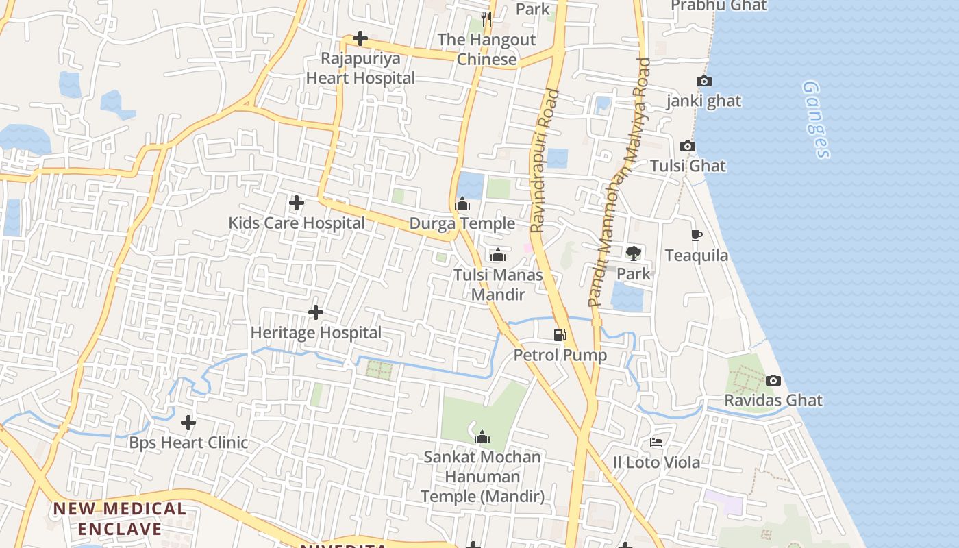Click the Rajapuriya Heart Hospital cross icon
tap(360, 39)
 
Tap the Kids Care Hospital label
tap(296, 223)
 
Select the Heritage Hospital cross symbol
tap(316, 312)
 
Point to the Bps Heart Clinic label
tap(188, 443)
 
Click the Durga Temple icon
tap(462, 203)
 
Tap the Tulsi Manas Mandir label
tap(498, 284)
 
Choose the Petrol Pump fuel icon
tap(560, 335)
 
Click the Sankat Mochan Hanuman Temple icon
tap(482, 437)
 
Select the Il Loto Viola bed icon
tap(656, 443)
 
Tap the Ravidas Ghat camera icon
tap(773, 380)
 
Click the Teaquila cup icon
tap(697, 236)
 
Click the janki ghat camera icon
tap(703, 81)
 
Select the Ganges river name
tap(816, 120)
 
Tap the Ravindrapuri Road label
tap(545, 161)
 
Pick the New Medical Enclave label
tap(120, 519)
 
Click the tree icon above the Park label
tap(634, 253)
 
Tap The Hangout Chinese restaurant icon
tap(486, 18)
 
